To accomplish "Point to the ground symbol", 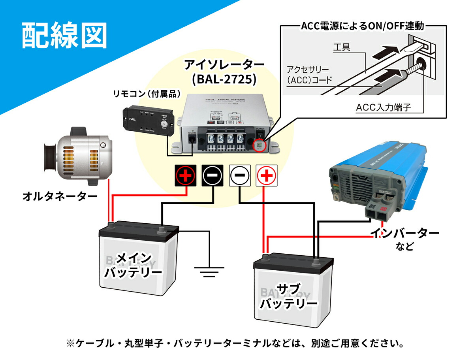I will (x=209, y=271).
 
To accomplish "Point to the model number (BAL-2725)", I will (x=224, y=79).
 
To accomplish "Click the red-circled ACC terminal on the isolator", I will (x=259, y=145).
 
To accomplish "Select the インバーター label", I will (x=404, y=233).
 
